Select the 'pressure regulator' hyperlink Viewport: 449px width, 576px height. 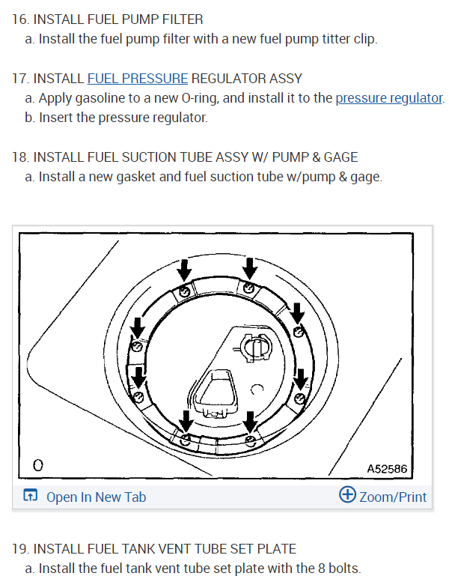389,98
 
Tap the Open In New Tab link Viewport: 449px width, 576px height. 96,497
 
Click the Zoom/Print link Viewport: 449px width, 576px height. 393,497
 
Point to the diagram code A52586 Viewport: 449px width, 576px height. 387,468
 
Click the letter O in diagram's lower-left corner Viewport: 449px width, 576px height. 37,466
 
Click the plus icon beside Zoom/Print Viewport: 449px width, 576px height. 347,495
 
